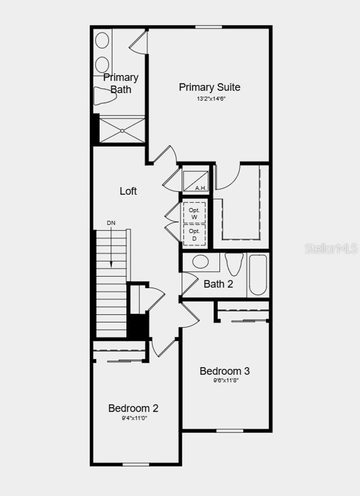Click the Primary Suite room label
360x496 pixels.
coord(210,87)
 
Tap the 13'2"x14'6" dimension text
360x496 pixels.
coord(211,99)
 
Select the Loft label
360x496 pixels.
coord(128,191)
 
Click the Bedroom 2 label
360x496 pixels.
coord(133,408)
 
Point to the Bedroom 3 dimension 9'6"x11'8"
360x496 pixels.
coord(226,380)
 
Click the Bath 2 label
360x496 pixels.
coord(218,284)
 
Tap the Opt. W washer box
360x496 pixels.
coord(194,213)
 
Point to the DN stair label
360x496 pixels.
coord(111,223)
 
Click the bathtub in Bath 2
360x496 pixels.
coord(258,275)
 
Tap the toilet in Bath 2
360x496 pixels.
coord(234,264)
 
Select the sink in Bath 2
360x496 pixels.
coord(201,262)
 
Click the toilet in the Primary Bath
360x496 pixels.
coord(104,96)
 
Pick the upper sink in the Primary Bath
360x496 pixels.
coord(102,41)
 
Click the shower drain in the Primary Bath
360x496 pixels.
coord(122,131)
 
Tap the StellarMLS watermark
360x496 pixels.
coord(331,249)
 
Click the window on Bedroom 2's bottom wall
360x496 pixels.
coord(136,464)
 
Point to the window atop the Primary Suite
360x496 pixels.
coord(208,27)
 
